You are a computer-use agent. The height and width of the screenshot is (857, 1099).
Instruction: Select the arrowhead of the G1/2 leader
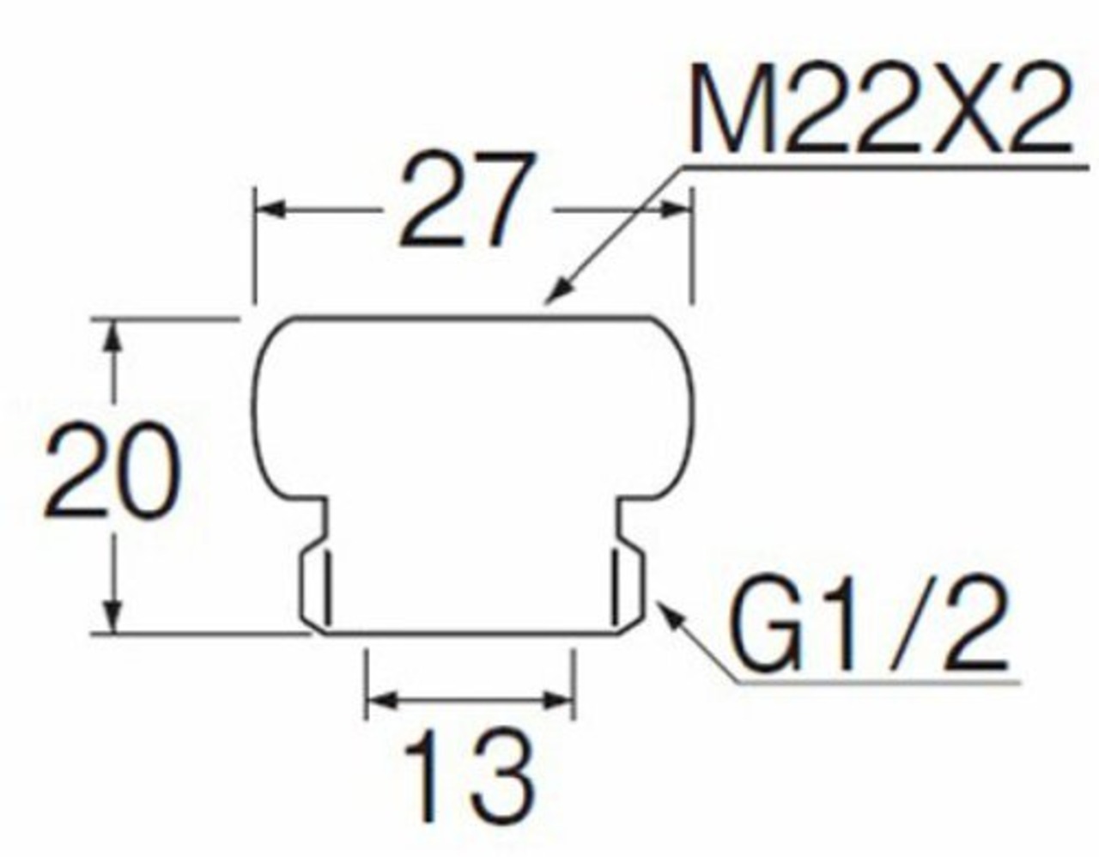[x=665, y=610]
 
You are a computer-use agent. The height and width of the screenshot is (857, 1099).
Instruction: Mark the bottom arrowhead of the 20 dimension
[x=112, y=618]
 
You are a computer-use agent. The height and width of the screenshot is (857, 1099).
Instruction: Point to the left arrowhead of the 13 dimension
[x=379, y=699]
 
